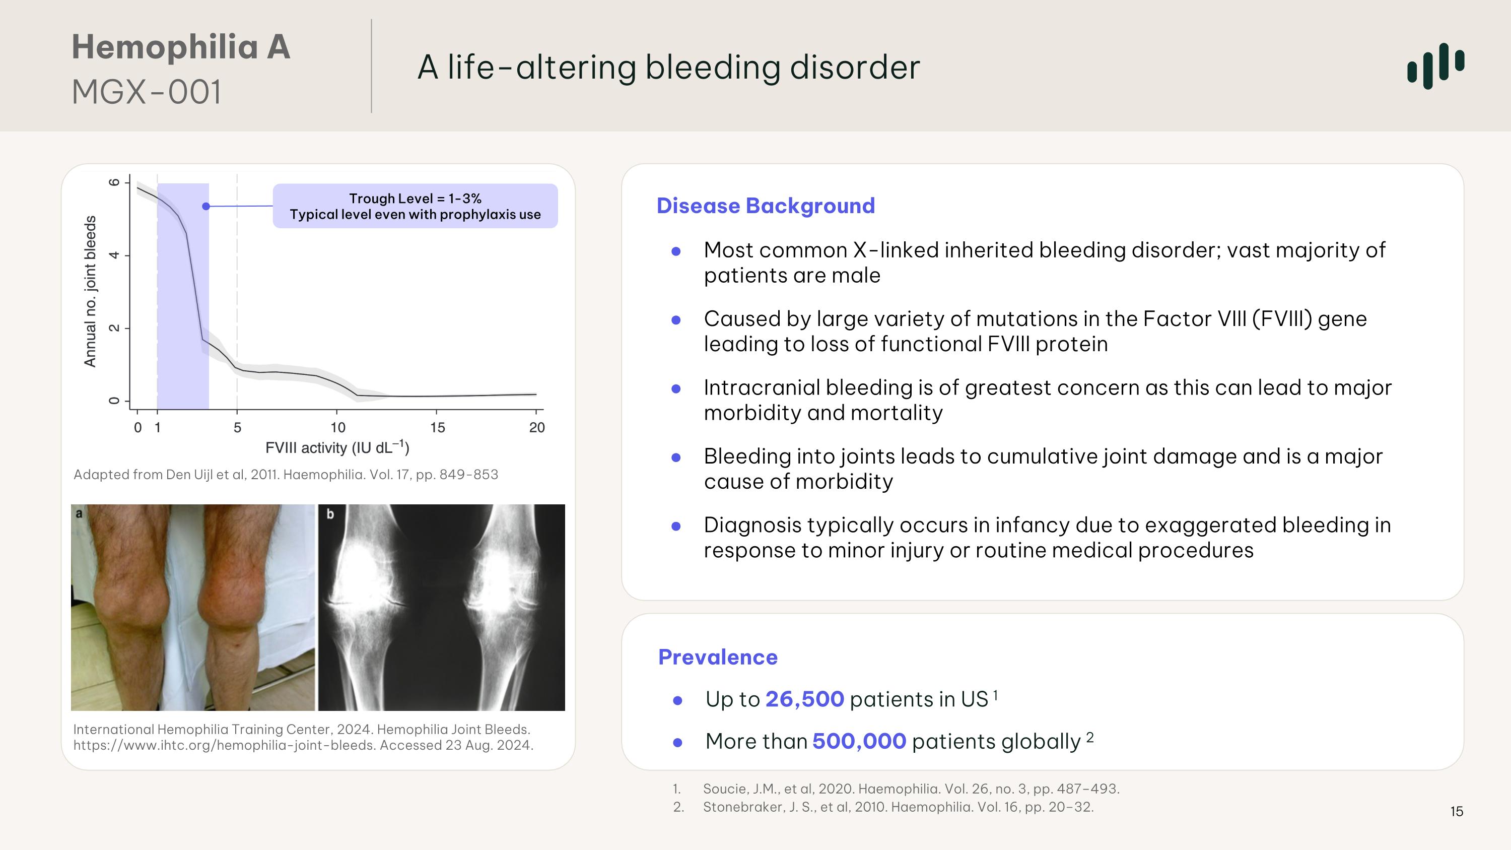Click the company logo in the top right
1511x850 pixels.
point(1435,66)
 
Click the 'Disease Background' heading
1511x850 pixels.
point(765,206)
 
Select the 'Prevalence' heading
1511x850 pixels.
point(717,657)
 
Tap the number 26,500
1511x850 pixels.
point(804,699)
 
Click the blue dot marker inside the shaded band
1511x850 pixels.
point(206,207)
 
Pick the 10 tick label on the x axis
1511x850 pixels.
point(338,428)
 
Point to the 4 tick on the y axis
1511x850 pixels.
point(114,255)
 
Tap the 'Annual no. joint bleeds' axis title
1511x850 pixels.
point(90,292)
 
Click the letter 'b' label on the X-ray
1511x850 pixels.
point(330,514)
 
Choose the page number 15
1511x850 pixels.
point(1457,811)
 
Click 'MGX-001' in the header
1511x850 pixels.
point(147,93)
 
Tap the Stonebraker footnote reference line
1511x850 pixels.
point(898,807)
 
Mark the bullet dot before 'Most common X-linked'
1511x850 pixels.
point(676,251)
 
